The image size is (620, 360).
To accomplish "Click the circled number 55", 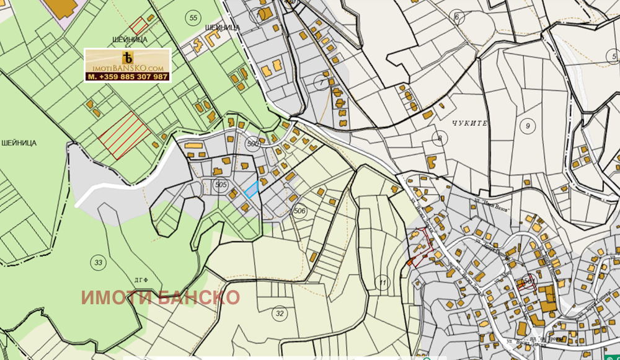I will [x=193, y=18].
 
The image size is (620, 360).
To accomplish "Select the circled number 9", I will [x=528, y=126].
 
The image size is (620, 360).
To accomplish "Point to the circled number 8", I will [x=440, y=138].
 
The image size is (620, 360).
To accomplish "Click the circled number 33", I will [x=98, y=261].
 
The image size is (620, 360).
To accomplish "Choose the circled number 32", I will [x=280, y=314].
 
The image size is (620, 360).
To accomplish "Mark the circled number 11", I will [x=383, y=284].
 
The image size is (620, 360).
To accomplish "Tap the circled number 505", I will [x=221, y=185].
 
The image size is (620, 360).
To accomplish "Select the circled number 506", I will [x=300, y=211].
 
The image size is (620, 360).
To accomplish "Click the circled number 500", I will [x=252, y=144].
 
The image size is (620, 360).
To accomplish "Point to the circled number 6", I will [x=458, y=17].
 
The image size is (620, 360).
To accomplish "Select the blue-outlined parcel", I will [x=251, y=189].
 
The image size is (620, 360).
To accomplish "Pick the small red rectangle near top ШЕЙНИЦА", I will [x=138, y=26].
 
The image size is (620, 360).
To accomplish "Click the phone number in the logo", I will [x=128, y=77].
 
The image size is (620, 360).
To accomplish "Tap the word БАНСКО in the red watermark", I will [x=198, y=297].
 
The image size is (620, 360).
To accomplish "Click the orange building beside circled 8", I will [x=432, y=162].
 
